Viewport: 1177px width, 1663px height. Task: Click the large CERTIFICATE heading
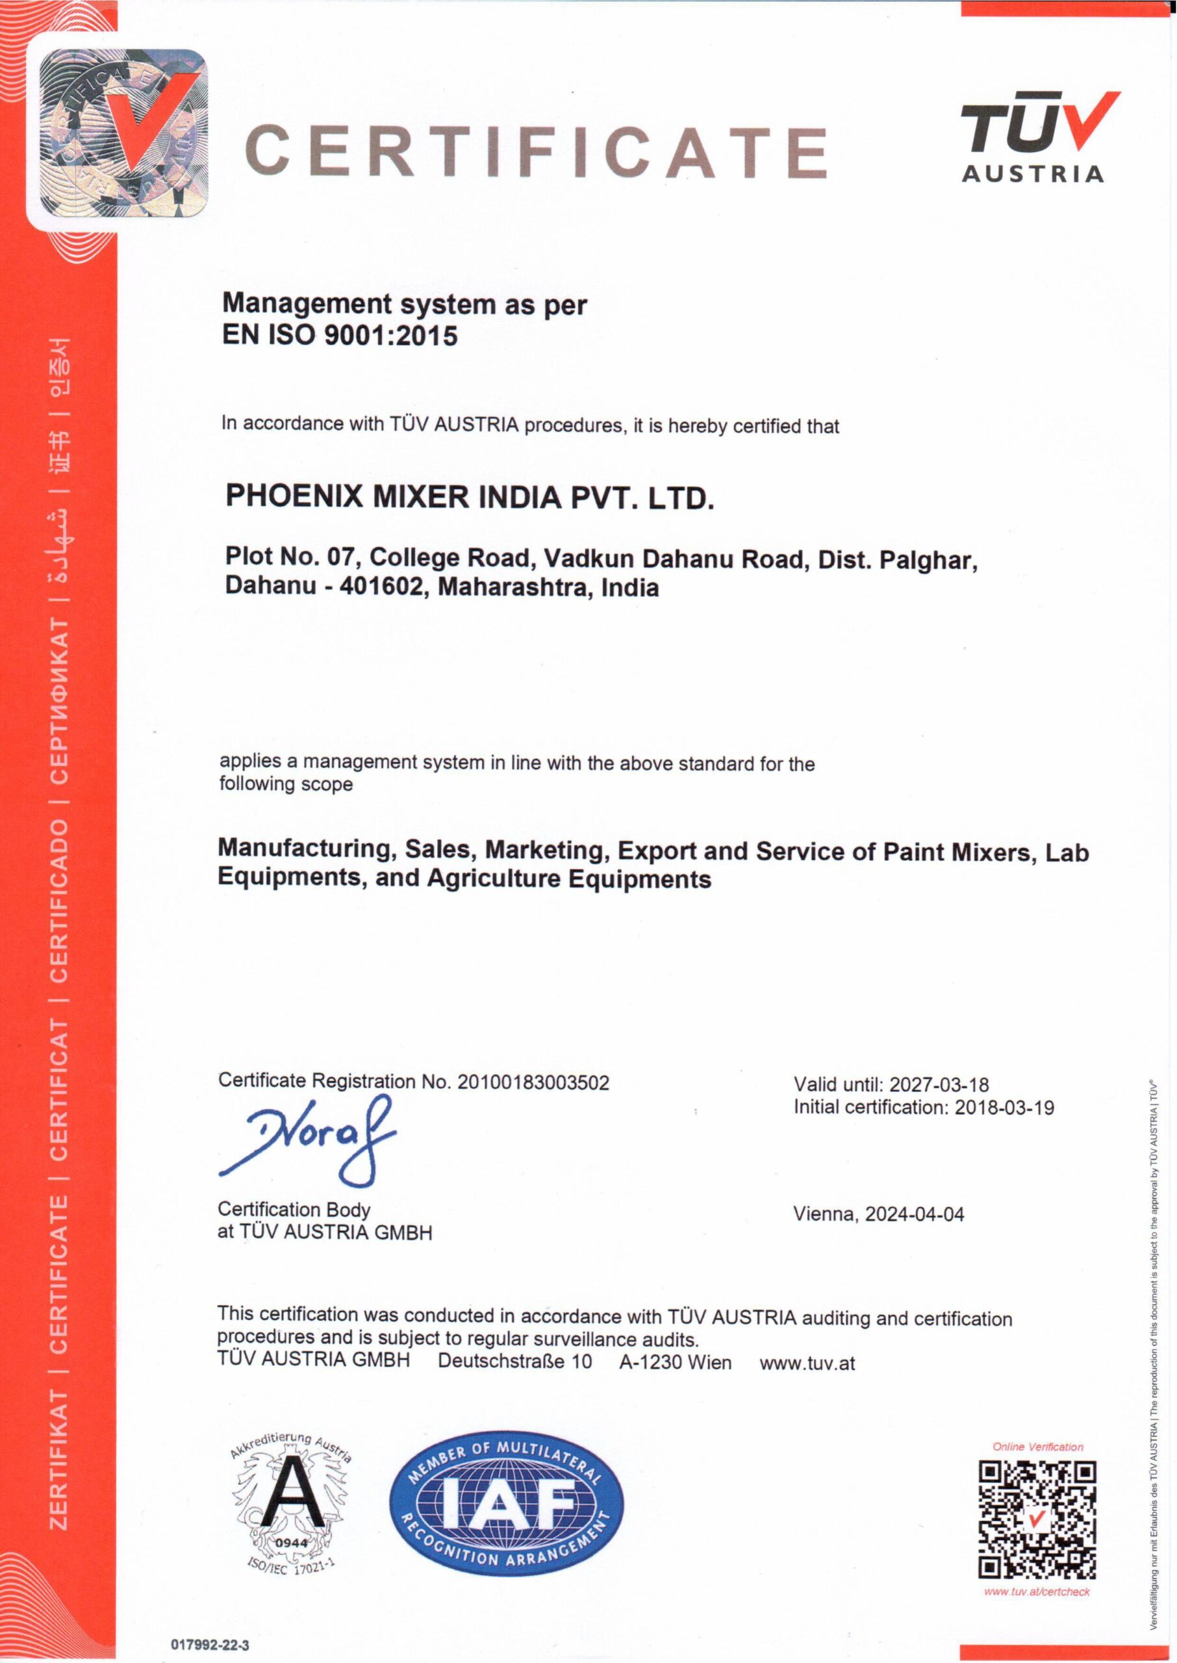pos(537,151)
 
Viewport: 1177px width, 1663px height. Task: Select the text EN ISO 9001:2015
pos(340,335)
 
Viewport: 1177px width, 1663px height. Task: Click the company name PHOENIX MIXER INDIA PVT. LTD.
pos(470,497)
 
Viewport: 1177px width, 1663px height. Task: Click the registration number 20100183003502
pos(533,1083)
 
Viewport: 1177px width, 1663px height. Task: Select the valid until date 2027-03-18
pos(939,1085)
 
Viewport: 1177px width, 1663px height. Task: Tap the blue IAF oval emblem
pos(506,1503)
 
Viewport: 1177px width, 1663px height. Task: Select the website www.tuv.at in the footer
pos(807,1363)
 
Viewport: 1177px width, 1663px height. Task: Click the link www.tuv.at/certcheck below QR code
pos(1037,1592)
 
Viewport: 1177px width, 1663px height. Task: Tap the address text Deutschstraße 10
pos(514,1362)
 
